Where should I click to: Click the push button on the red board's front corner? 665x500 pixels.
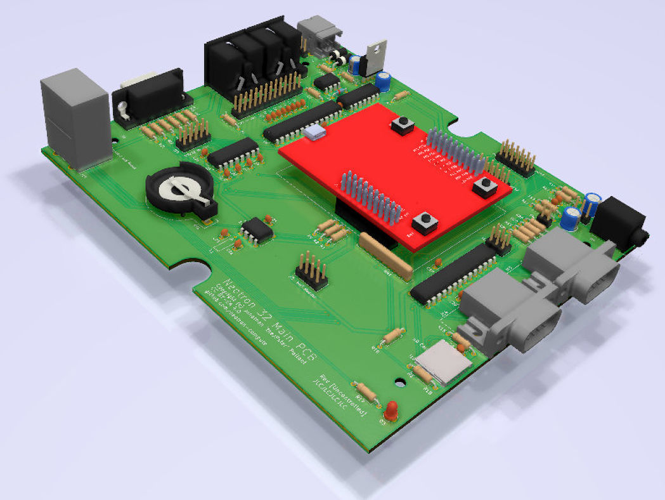(426, 222)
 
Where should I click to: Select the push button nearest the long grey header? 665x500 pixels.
(486, 185)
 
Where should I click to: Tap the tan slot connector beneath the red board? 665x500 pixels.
(386, 256)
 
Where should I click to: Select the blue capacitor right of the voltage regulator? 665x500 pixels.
(382, 80)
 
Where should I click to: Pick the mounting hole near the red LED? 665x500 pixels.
(399, 382)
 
